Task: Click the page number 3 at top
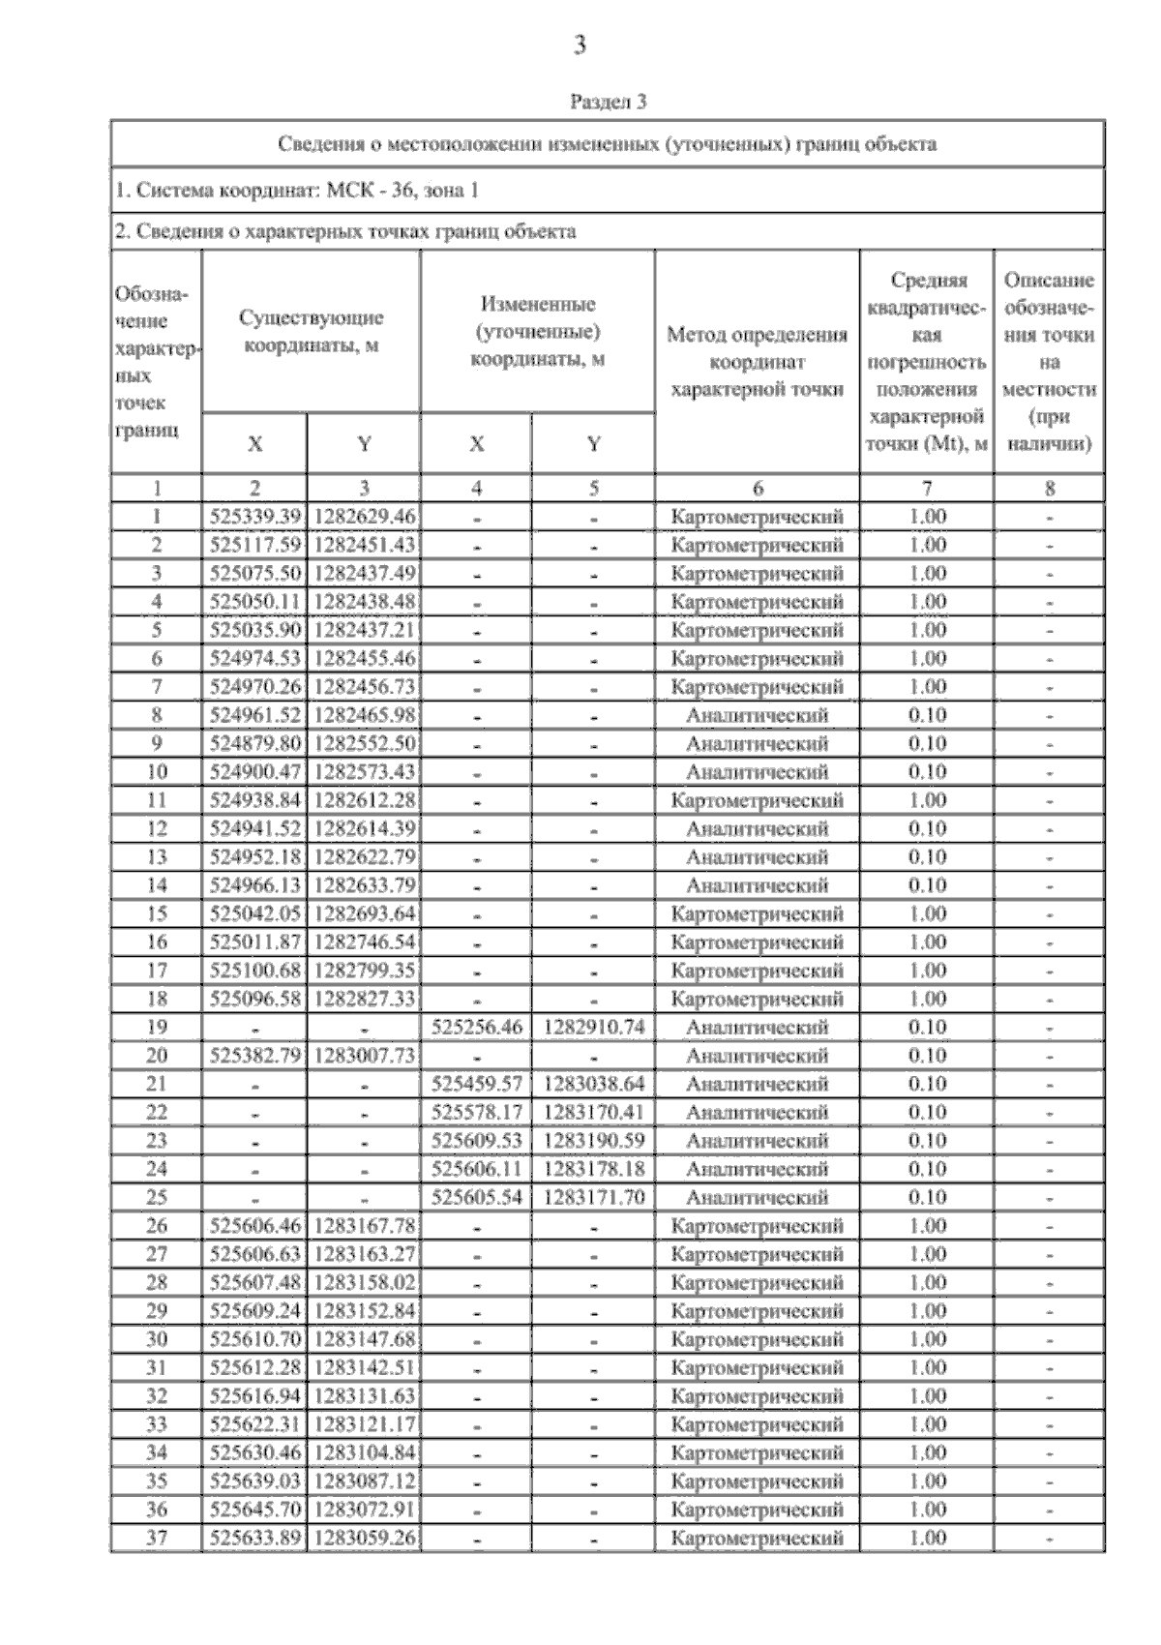[580, 45]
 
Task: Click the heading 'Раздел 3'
[608, 101]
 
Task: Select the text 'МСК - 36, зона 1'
[402, 191]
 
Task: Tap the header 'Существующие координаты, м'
[311, 332]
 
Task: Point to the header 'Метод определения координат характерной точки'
[757, 362]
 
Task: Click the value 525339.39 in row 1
[255, 517]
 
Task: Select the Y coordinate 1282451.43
[364, 545]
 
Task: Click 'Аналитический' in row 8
[757, 716]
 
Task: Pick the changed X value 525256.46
[476, 1028]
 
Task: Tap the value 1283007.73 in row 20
[364, 1056]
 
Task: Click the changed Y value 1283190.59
[593, 1141]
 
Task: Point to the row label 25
[156, 1198]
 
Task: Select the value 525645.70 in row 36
[255, 1510]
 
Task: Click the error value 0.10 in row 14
[927, 885]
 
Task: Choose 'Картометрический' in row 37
[757, 1538]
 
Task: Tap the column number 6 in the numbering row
[757, 489]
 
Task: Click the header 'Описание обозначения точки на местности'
[1049, 362]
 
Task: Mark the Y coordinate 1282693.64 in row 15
[364, 914]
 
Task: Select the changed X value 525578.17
[476, 1113]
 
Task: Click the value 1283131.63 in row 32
[364, 1396]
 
